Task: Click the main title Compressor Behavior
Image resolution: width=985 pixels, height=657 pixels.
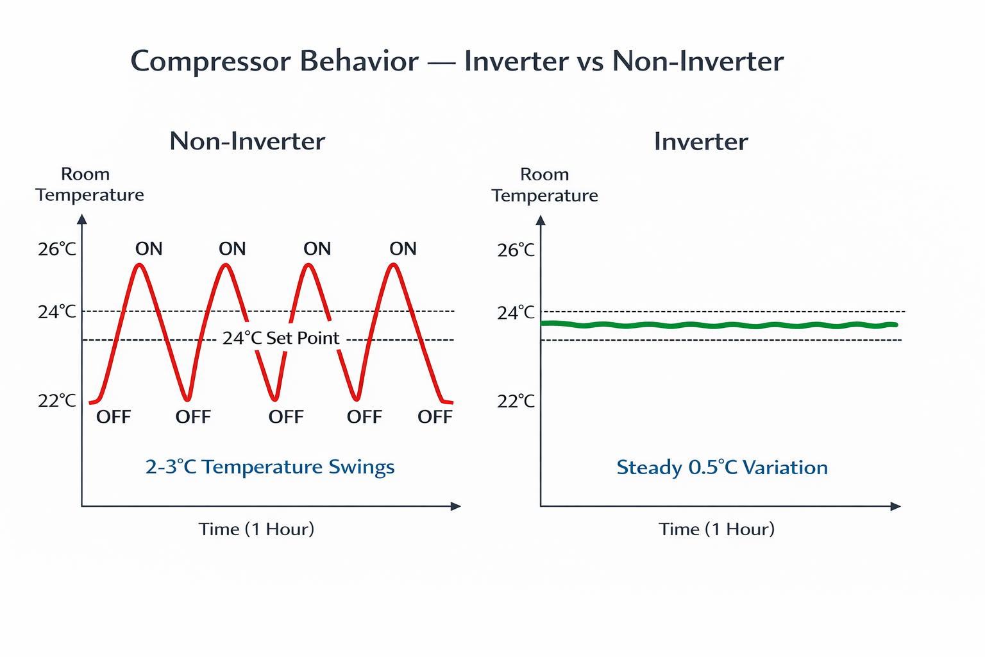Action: (274, 62)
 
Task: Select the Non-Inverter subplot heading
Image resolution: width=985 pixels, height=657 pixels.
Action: (247, 141)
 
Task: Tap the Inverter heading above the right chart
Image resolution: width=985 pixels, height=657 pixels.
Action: (701, 142)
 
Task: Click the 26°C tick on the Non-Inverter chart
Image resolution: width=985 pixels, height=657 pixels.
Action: (57, 249)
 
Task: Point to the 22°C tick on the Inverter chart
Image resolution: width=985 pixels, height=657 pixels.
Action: (516, 402)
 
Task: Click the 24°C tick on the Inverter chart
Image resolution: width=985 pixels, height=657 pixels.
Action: (516, 313)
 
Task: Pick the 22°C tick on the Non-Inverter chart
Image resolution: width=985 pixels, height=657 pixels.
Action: (57, 401)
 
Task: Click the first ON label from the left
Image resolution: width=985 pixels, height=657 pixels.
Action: (149, 249)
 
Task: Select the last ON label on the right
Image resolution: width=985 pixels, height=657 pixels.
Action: (403, 249)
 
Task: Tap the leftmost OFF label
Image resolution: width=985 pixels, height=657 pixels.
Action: (114, 417)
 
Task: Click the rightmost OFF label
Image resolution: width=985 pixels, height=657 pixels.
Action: (435, 417)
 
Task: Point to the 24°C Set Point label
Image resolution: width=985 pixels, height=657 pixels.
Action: (280, 338)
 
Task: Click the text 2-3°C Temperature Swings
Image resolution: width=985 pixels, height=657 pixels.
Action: (270, 467)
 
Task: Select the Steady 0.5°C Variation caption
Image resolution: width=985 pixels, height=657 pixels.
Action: (722, 467)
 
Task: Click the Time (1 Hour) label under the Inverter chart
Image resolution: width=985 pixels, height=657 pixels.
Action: (716, 529)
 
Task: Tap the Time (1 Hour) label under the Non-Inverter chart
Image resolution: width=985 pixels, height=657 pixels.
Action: (257, 529)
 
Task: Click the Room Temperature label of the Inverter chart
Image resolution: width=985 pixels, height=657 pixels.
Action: (545, 185)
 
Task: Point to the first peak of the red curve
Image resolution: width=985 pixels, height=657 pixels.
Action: (139, 265)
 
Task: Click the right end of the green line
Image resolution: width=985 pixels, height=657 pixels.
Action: (896, 325)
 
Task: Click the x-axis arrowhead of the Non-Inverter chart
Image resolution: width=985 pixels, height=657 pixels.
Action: (456, 506)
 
